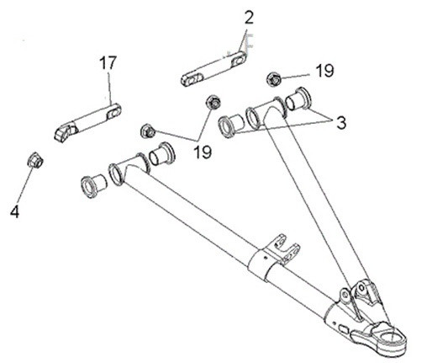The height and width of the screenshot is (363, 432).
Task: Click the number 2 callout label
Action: [248, 18]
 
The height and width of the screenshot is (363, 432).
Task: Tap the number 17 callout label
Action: [108, 62]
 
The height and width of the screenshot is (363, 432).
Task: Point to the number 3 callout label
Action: [340, 122]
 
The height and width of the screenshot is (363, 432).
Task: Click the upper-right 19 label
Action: [325, 72]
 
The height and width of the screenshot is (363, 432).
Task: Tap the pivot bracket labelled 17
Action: [87, 121]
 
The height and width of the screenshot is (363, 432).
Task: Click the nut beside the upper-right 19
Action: [274, 79]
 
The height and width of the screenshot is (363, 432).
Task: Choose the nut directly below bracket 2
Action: [213, 103]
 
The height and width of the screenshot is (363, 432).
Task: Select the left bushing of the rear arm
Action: [231, 125]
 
